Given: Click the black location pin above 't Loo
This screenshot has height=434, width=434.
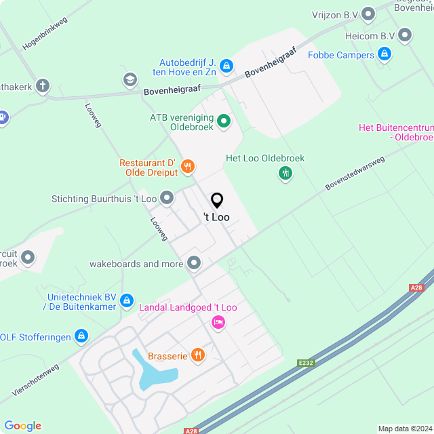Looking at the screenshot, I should [x=217, y=201].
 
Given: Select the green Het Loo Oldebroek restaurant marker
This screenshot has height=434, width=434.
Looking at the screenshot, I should [x=285, y=174].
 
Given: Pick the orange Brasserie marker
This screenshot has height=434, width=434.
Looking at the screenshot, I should [x=197, y=354].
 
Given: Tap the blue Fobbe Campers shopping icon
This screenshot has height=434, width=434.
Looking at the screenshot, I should [x=384, y=53].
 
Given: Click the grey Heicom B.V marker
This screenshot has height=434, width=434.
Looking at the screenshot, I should [x=406, y=34].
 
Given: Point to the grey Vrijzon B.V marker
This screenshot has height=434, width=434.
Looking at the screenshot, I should [x=369, y=13].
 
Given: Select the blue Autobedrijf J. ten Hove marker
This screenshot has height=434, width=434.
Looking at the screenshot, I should [x=226, y=66].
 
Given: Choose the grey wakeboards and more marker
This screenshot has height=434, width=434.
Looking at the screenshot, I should [x=195, y=262].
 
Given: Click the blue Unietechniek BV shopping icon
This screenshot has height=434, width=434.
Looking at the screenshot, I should [x=127, y=300].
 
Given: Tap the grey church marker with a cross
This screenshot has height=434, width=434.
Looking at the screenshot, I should [x=43, y=86].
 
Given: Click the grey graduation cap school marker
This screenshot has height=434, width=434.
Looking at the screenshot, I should [x=130, y=80].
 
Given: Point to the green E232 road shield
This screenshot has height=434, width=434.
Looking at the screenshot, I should [x=307, y=363].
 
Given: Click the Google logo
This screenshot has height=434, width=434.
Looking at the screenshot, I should [x=22, y=425].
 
